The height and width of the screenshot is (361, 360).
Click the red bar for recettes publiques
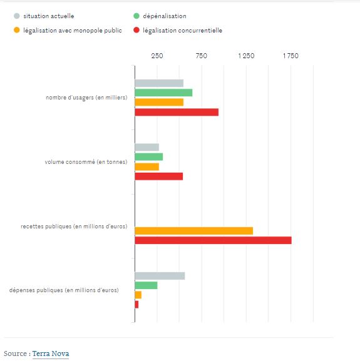(213, 240)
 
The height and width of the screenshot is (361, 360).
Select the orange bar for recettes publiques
(194, 231)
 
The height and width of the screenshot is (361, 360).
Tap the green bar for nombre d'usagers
(163, 93)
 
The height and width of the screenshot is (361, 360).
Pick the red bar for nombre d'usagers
(177, 113)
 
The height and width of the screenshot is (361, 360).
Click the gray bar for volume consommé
(147, 148)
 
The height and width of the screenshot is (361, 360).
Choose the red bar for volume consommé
(159, 176)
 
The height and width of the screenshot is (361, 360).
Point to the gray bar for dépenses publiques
(160, 276)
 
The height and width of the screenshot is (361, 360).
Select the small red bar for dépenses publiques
(136, 304)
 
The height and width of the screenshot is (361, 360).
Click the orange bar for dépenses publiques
(138, 295)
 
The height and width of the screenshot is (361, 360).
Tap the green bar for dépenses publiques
(146, 285)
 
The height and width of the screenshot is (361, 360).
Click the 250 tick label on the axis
(157, 56)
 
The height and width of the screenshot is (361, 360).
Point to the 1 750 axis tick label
(291, 56)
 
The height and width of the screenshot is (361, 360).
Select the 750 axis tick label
(202, 56)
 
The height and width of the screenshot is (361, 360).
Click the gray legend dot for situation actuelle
(16, 16)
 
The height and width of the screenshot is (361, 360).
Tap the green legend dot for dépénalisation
(136, 16)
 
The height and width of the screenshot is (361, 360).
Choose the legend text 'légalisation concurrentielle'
(182, 31)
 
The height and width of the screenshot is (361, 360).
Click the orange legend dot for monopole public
(16, 30)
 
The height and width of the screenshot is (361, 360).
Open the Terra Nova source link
(51, 353)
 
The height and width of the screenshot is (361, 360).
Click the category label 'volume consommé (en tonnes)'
(86, 162)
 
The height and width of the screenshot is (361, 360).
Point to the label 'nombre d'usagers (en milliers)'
(86, 98)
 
